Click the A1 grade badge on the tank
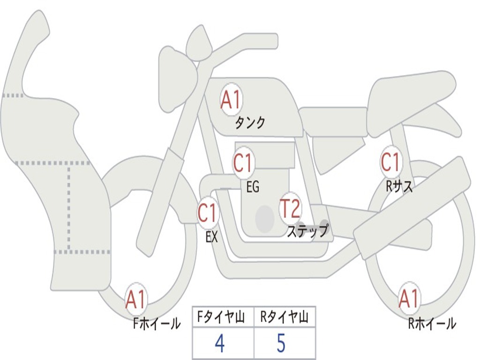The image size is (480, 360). [231, 100]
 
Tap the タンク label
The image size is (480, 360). [250, 123]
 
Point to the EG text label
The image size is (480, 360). [252, 187]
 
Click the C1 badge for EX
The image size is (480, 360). [208, 213]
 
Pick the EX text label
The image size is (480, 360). [211, 237]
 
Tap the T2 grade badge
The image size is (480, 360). [290, 209]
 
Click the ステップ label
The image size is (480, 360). [307, 232]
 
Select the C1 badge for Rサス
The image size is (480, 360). [390, 162]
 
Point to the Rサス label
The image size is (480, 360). [399, 187]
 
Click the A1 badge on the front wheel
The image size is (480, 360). [136, 300]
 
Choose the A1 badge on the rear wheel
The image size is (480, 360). [409, 299]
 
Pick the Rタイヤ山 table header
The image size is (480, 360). [284, 318]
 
